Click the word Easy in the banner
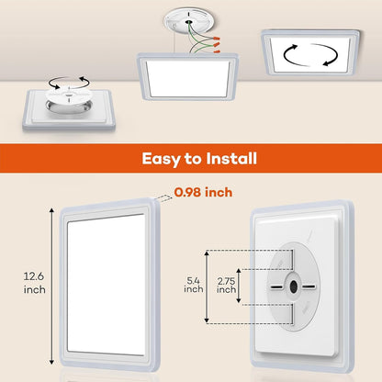coord(141,160)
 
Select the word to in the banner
coord(179,160)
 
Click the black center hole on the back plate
coord(293,286)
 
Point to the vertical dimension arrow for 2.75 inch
coord(239,285)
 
